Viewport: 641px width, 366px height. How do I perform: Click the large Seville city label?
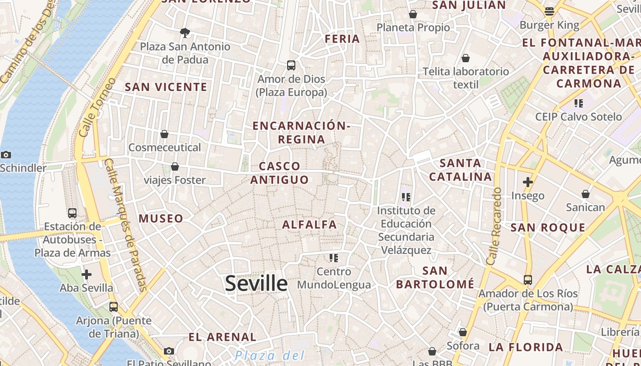pyautogui.click(x=256, y=284)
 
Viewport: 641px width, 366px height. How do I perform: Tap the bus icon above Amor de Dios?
pyautogui.click(x=291, y=65)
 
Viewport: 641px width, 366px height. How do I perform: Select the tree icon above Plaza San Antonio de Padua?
pyautogui.click(x=185, y=32)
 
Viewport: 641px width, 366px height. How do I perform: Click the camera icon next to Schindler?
pyautogui.click(x=6, y=155)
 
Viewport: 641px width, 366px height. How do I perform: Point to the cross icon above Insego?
pyautogui.click(x=528, y=182)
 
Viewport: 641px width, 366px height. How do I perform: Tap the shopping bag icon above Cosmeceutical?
pyautogui.click(x=164, y=134)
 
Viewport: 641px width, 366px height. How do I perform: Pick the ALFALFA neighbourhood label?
pyautogui.click(x=310, y=225)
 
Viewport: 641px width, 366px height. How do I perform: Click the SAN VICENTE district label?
pyautogui.click(x=166, y=87)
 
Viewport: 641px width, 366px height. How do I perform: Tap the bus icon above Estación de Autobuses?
pyautogui.click(x=72, y=213)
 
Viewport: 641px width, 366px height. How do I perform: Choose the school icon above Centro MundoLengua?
pyautogui.click(x=334, y=258)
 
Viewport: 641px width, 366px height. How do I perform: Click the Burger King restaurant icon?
pyautogui.click(x=549, y=11)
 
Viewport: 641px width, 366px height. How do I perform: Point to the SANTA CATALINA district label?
pyautogui.click(x=461, y=170)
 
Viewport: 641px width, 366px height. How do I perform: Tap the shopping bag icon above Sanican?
pyautogui.click(x=585, y=194)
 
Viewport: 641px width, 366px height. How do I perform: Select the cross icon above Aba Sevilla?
pyautogui.click(x=86, y=274)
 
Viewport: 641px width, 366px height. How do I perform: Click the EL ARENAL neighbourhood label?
pyautogui.click(x=223, y=337)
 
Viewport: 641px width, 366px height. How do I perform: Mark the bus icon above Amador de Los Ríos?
pyautogui.click(x=527, y=280)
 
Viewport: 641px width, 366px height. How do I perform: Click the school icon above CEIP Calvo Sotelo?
pyautogui.click(x=579, y=103)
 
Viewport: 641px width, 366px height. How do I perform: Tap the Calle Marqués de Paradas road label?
pyautogui.click(x=125, y=224)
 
